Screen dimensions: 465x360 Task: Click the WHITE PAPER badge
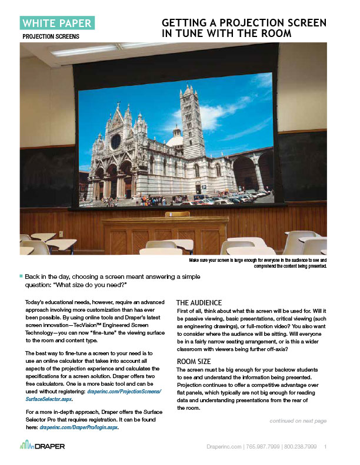click(56, 23)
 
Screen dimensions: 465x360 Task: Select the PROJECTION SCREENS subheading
click(51, 36)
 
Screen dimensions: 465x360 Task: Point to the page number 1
click(325, 447)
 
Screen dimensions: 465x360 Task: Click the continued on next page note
click(298, 420)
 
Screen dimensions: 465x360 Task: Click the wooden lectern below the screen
click(165, 234)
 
